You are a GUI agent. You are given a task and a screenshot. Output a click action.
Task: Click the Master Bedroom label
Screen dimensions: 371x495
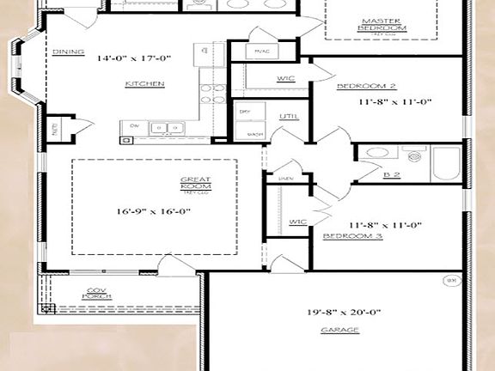tap(382, 24)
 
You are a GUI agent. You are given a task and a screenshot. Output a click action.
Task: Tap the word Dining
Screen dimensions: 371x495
tap(68, 52)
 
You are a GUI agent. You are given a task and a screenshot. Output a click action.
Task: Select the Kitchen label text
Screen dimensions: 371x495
tap(144, 83)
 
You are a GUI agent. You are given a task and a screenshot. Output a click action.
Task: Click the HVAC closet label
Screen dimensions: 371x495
tap(261, 52)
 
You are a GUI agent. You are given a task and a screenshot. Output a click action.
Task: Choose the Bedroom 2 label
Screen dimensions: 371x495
tap(366, 87)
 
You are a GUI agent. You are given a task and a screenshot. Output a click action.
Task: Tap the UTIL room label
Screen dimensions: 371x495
tap(288, 116)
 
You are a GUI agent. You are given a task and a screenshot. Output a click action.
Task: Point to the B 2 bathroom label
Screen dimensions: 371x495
tap(391, 173)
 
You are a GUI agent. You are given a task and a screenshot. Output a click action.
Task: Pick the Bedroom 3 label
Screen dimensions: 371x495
tap(352, 235)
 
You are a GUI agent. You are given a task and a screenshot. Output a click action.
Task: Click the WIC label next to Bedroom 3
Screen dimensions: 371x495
tap(298, 222)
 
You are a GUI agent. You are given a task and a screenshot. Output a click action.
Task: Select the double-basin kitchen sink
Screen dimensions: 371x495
tap(163, 129)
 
